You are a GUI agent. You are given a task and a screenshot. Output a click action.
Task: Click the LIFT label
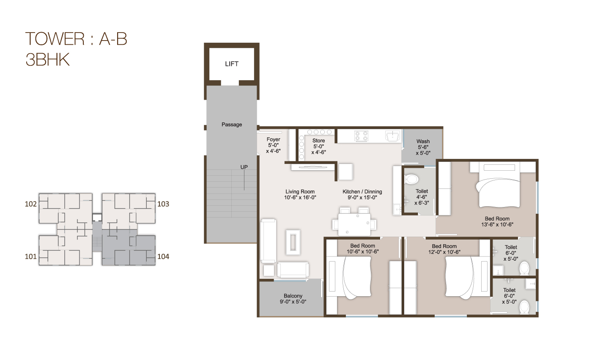[232, 64]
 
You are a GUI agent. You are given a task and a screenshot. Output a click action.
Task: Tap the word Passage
[232, 125]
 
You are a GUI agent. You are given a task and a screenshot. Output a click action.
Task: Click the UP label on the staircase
[244, 167]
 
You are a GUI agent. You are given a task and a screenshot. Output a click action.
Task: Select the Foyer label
[273, 140]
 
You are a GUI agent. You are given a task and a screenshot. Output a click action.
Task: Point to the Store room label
[318, 141]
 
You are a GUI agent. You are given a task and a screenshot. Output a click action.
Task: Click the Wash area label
[423, 142]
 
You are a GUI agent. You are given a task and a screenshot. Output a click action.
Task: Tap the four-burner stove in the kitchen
[360, 136]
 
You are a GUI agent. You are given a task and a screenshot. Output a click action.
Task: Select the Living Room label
[300, 192]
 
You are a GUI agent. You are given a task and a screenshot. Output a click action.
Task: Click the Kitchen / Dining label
[362, 192]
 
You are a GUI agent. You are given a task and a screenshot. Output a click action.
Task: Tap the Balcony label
[293, 296]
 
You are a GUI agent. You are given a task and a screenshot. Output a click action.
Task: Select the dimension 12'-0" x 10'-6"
[444, 252]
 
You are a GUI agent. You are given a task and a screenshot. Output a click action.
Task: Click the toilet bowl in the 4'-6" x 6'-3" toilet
[411, 179]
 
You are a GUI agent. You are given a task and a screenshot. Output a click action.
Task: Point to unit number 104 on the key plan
[163, 256]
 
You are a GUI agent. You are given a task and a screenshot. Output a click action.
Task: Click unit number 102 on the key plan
[31, 204]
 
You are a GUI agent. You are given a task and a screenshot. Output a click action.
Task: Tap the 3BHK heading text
[47, 60]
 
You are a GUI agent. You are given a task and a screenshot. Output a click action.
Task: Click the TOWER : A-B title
[76, 39]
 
